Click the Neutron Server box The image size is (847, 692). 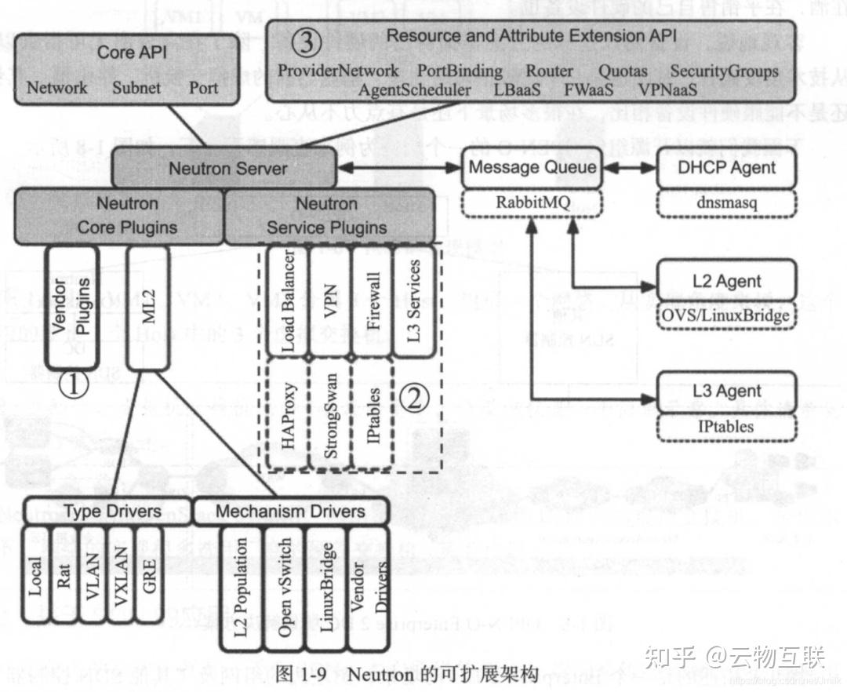228,169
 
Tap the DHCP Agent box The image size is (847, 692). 726,167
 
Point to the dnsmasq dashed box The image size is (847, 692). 725,202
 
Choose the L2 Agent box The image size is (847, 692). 726,281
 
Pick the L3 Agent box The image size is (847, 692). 726,391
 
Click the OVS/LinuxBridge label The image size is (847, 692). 726,315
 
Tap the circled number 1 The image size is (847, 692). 76,385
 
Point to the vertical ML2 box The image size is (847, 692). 148,307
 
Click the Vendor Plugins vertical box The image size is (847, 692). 73,307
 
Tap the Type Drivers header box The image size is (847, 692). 107,512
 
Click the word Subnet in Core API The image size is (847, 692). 137,87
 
